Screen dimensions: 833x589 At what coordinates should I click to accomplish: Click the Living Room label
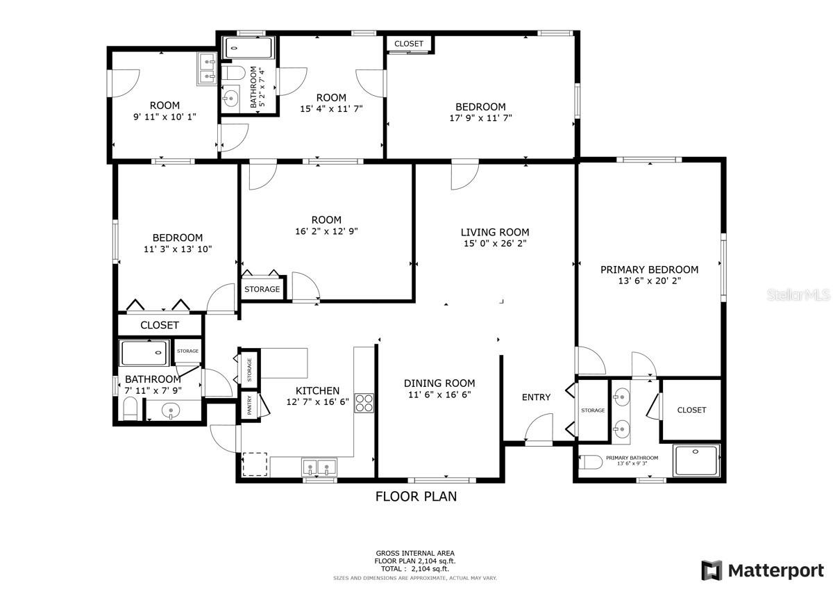[x=495, y=233]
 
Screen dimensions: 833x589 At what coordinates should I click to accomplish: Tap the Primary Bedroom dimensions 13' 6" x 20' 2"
[x=649, y=281]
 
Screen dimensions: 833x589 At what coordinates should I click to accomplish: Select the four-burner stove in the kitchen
[x=364, y=403]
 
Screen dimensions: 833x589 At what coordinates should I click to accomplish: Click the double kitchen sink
[x=319, y=467]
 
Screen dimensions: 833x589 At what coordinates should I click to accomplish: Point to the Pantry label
[x=249, y=405]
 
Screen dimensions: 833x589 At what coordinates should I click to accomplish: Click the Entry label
[x=536, y=397]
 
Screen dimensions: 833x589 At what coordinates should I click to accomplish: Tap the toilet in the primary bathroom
[x=591, y=462]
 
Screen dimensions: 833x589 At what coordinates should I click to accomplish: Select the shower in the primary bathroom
[x=696, y=461]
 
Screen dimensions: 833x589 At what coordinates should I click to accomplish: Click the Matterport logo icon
[x=712, y=571]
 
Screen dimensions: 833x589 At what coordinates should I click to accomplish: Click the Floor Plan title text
[x=416, y=497]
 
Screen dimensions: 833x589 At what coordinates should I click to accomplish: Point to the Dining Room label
[x=439, y=383]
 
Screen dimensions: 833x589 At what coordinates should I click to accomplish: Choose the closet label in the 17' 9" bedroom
[x=409, y=44]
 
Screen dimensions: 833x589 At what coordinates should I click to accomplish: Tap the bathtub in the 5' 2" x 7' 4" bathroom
[x=249, y=48]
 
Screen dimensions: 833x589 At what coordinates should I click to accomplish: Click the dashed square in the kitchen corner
[x=255, y=464]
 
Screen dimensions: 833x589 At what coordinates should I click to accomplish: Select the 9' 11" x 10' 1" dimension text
[x=165, y=117]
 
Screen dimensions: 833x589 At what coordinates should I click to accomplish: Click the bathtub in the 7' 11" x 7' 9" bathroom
[x=144, y=352]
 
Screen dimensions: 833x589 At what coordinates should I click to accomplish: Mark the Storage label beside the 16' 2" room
[x=262, y=289]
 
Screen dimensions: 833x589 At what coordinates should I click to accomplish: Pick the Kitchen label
[x=318, y=390]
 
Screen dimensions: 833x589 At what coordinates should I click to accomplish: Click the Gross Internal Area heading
[x=415, y=554]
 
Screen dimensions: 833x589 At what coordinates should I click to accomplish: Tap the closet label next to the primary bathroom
[x=691, y=410]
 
